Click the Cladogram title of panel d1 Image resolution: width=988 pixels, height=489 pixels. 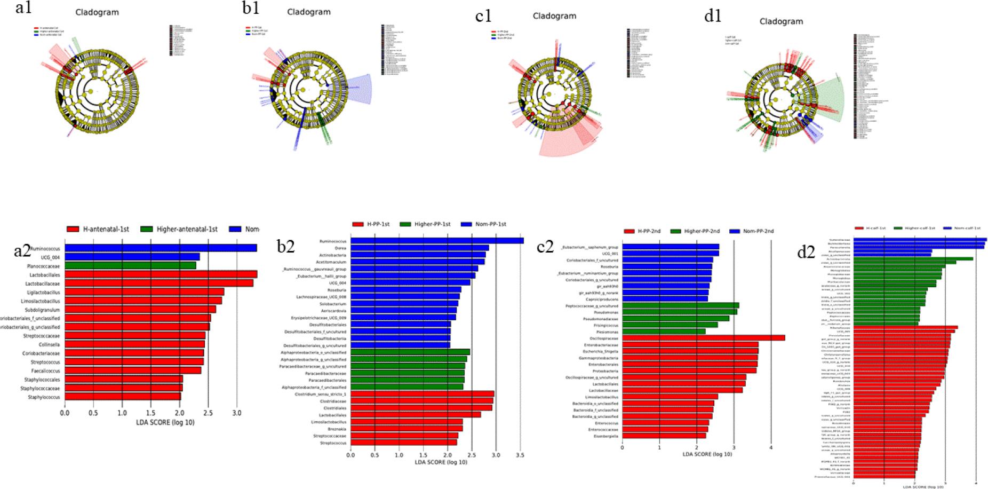[781, 21]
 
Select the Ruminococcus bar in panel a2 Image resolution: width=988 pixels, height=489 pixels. [160, 248]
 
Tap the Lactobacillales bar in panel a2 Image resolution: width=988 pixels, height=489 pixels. [160, 274]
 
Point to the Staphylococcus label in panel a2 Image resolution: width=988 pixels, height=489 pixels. [44, 397]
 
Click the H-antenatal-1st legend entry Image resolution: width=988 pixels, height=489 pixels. [99, 230]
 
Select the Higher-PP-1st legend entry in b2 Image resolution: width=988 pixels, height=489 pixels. [426, 224]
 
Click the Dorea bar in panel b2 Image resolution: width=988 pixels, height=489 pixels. [419, 248]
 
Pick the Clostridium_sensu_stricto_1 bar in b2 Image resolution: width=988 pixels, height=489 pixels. [421, 394]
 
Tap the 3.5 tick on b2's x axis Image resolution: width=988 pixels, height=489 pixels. [520, 455]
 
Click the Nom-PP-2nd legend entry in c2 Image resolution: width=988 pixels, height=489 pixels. [751, 231]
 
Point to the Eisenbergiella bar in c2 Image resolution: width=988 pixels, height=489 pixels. [664, 436]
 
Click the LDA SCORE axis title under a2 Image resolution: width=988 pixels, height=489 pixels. [165, 423]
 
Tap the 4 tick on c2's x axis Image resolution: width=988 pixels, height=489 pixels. [770, 447]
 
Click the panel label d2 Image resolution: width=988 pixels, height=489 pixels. [806, 252]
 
